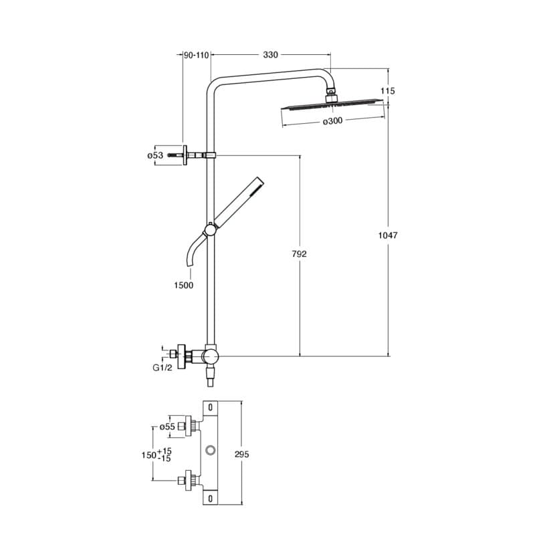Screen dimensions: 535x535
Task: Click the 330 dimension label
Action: [x=270, y=55]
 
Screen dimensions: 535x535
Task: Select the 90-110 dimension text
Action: [x=196, y=55]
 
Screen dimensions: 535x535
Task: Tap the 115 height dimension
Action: [x=388, y=91]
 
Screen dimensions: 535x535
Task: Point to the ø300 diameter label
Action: [x=332, y=121]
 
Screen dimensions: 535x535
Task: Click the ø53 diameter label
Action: [x=155, y=156]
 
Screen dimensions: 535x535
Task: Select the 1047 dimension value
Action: [x=388, y=235]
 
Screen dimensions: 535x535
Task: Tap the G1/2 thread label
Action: [x=163, y=367]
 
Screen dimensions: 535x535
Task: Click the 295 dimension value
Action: [x=241, y=454]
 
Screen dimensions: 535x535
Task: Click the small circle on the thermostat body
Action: [x=211, y=449]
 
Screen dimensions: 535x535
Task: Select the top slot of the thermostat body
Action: [x=211, y=407]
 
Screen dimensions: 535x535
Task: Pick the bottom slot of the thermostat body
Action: [x=211, y=498]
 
